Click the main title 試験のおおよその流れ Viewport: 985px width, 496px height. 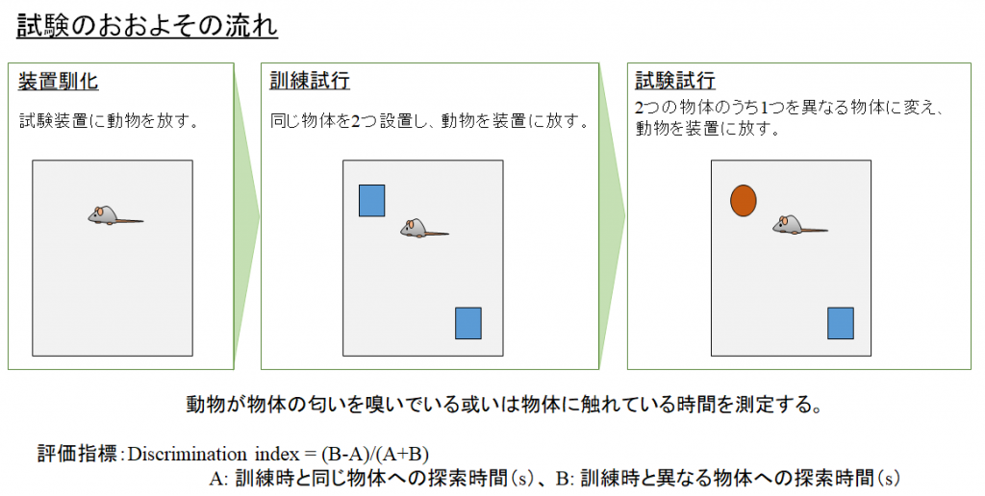pyautogui.click(x=147, y=26)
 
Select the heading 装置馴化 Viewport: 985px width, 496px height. pyautogui.click(x=58, y=82)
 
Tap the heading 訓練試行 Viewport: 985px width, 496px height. pyautogui.click(x=310, y=81)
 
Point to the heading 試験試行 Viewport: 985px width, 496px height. pyautogui.click(x=675, y=81)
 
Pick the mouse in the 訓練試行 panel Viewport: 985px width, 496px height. pyautogui.click(x=424, y=228)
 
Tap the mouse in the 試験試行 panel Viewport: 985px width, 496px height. pyautogui.click(x=799, y=225)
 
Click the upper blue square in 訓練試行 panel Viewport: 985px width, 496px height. pyautogui.click(x=372, y=201)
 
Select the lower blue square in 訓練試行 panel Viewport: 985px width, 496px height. pyautogui.click(x=468, y=323)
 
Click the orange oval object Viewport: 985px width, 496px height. pyautogui.click(x=744, y=201)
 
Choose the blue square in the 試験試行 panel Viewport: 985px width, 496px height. pyautogui.click(x=841, y=323)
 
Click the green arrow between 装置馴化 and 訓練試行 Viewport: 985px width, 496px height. pyautogui.click(x=247, y=216)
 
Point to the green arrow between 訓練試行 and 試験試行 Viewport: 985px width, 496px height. pyautogui.click(x=613, y=216)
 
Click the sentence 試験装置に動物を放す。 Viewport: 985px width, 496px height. pyautogui.click(x=110, y=120)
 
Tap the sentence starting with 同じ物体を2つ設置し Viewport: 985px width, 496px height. pyautogui.click(x=430, y=120)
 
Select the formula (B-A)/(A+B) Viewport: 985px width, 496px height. pyautogui.click(x=375, y=454)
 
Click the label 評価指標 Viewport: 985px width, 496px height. pyautogui.click(x=77, y=454)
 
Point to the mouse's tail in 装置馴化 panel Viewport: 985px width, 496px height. pyautogui.click(x=130, y=220)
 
